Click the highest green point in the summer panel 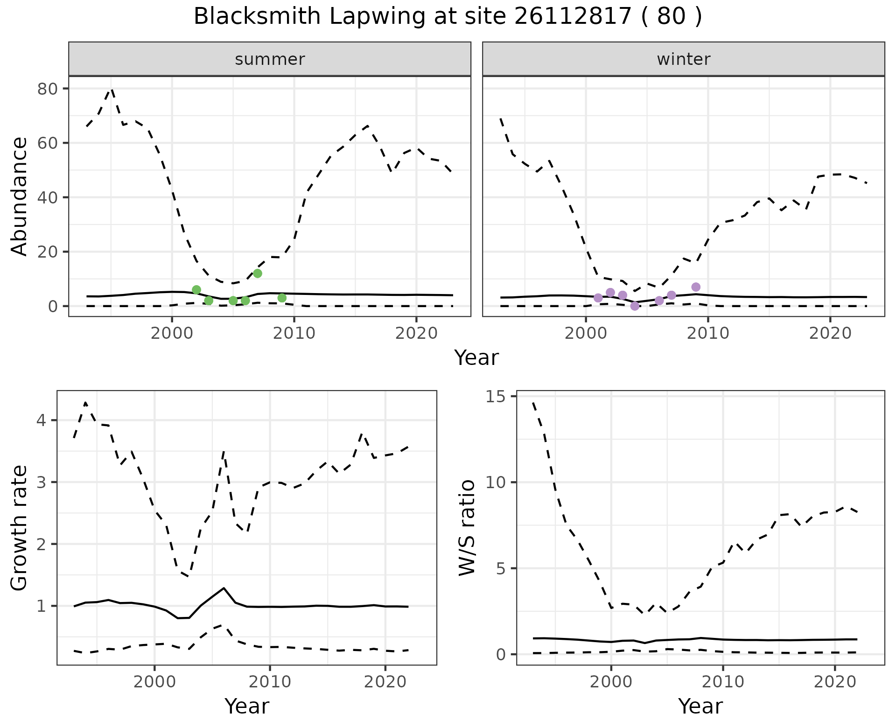click(x=257, y=273)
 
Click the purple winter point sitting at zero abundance click(x=635, y=306)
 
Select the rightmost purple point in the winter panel click(x=696, y=287)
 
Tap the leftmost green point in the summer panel click(x=196, y=290)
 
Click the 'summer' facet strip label click(x=270, y=59)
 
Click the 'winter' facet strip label click(x=683, y=59)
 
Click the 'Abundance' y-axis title click(x=20, y=196)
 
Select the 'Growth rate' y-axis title click(x=20, y=528)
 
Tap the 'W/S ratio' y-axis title click(x=467, y=528)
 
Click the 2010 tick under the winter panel click(x=708, y=333)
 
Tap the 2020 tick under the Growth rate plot click(x=385, y=682)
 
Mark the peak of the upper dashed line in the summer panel click(x=112, y=89)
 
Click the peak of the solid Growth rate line click(x=224, y=588)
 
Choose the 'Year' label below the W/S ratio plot click(x=700, y=706)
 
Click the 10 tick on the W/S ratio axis click(x=496, y=482)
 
